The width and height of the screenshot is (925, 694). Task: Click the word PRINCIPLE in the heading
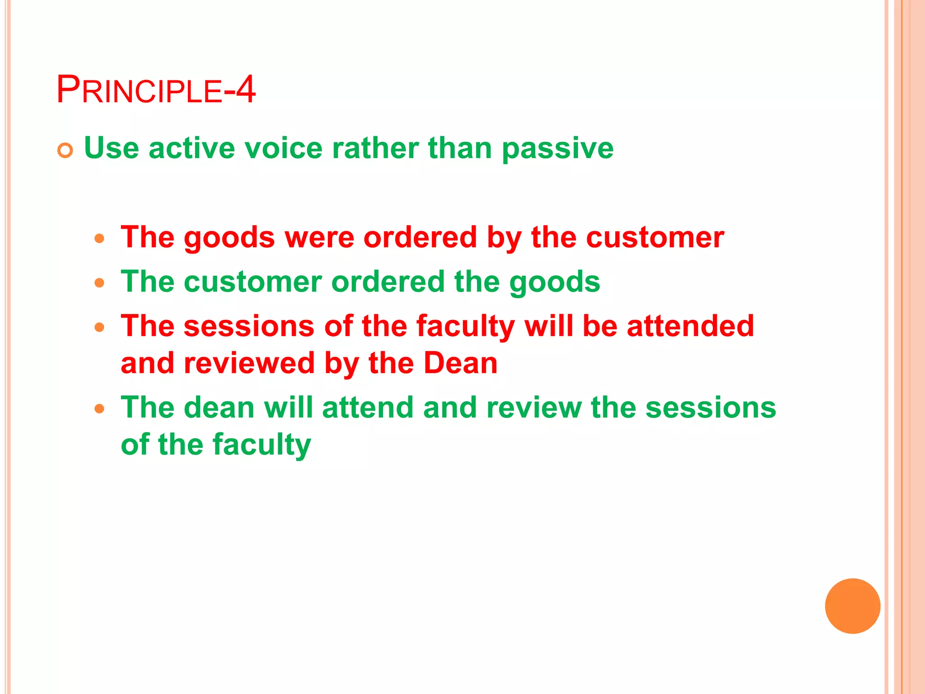pyautogui.click(x=139, y=89)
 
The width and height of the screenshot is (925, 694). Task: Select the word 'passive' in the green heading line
pyautogui.click(x=557, y=148)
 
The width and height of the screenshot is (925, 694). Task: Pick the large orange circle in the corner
pyautogui.click(x=852, y=606)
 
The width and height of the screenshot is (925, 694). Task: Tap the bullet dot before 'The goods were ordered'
pyautogui.click(x=100, y=238)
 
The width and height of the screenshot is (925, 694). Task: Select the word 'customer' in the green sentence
pyautogui.click(x=253, y=282)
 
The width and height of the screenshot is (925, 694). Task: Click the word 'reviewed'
pyautogui.click(x=249, y=363)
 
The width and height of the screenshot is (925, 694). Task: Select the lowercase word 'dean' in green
pyautogui.click(x=219, y=408)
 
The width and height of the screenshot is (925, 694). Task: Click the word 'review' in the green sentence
pyautogui.click(x=534, y=408)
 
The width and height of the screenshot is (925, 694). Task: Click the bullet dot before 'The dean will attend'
pyautogui.click(x=100, y=409)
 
